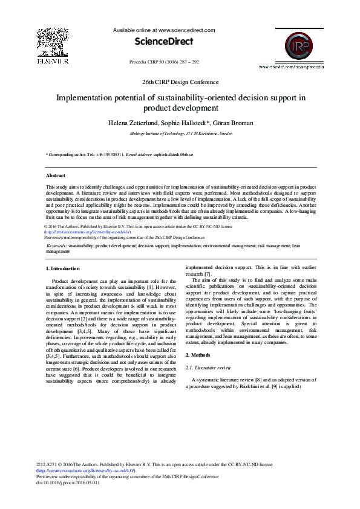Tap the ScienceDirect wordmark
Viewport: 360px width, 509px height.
click(164, 42)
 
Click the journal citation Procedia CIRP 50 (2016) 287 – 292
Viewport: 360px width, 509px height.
click(164, 62)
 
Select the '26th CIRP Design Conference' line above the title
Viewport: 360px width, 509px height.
click(180, 82)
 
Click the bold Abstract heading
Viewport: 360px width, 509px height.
click(56, 175)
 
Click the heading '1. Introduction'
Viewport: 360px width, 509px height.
click(63, 268)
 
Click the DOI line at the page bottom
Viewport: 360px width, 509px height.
click(68, 482)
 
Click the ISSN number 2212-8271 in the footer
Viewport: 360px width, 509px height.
click(49, 464)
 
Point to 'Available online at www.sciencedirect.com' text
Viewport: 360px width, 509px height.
click(164, 30)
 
